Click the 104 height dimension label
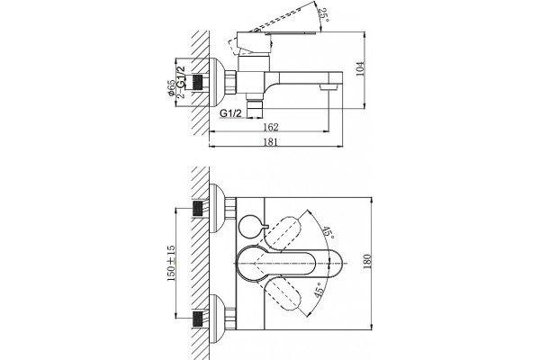[x=359, y=69]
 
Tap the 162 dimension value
[x=270, y=127]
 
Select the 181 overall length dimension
[x=270, y=142]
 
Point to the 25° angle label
[x=323, y=15]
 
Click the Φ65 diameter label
[x=171, y=88]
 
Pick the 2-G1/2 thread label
[x=181, y=82]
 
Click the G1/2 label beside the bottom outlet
[x=230, y=113]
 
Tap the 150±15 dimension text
[x=171, y=263]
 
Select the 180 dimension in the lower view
[x=367, y=262]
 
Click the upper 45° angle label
[x=328, y=233]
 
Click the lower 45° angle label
[x=319, y=290]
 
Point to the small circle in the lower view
[x=249, y=226]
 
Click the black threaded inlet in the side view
[x=197, y=82]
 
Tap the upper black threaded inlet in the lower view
[x=197, y=209]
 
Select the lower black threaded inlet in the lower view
[x=197, y=319]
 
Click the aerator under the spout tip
[x=328, y=87]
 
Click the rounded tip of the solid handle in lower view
[x=339, y=264]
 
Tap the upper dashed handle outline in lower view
[x=283, y=233]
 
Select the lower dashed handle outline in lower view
[x=283, y=294]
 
